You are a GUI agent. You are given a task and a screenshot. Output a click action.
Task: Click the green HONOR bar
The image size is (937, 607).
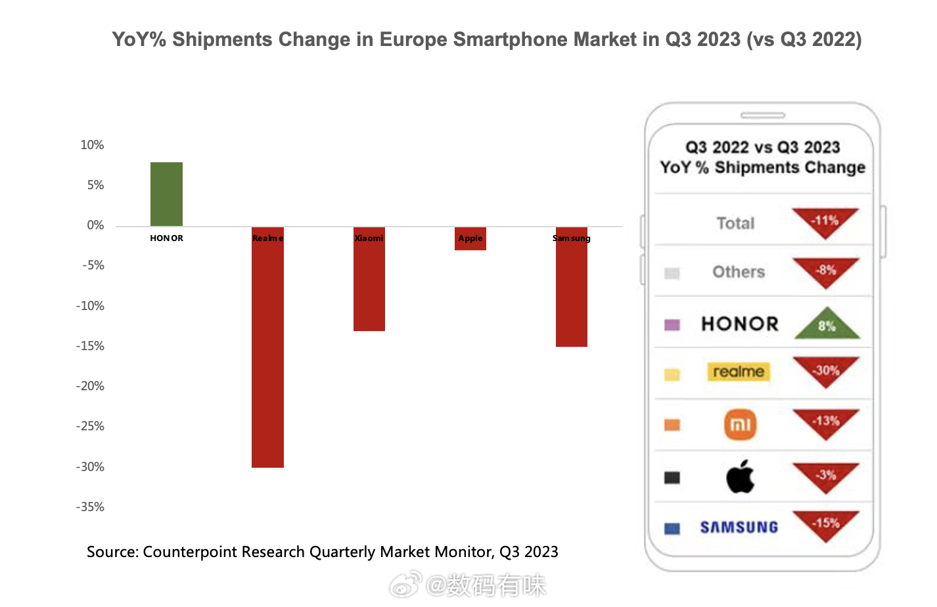[166, 194]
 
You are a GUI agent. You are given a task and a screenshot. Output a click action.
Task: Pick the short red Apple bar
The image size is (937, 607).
[470, 239]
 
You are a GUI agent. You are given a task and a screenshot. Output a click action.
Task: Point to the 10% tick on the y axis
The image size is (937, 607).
[92, 145]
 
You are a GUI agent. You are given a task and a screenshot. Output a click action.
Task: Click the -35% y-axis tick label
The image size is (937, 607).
[90, 507]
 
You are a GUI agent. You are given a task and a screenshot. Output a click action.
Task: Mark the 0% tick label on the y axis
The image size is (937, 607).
[95, 225]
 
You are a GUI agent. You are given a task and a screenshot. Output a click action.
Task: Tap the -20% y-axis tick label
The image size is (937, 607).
[90, 386]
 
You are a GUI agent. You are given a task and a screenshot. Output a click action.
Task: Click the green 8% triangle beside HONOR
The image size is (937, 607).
[827, 325]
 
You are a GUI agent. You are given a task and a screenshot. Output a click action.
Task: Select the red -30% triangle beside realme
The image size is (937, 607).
[826, 371]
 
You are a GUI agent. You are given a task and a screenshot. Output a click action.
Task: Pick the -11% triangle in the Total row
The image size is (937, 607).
[825, 221]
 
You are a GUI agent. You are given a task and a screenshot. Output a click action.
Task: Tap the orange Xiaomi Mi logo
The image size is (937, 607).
[741, 424]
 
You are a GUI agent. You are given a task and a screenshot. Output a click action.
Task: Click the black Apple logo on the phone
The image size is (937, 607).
[741, 476]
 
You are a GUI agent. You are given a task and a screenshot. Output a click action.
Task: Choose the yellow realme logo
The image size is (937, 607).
[739, 372]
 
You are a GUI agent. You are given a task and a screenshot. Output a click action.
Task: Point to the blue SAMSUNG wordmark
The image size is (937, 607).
[739, 528]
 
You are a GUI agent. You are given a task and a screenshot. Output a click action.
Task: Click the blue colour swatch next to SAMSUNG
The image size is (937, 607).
[672, 529]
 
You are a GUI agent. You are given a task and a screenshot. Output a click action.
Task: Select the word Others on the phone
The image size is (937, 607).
[739, 272]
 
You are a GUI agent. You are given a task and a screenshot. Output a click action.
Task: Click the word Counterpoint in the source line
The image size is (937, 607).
[189, 552]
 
